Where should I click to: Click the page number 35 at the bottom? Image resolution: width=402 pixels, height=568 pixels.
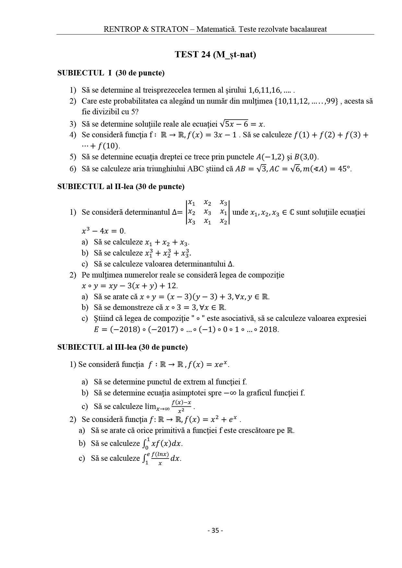[x=215, y=530]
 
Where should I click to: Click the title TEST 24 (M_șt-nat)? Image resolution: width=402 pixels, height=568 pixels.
[x=215, y=54]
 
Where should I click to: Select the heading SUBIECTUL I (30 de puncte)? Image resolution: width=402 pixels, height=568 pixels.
[x=111, y=73]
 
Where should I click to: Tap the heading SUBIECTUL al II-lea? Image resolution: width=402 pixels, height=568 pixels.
[x=121, y=187]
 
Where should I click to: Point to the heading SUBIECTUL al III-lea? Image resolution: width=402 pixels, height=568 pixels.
[x=122, y=347]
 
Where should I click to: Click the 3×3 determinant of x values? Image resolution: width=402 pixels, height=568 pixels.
[x=207, y=212]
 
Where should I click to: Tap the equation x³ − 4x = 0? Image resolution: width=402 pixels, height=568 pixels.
[x=103, y=231]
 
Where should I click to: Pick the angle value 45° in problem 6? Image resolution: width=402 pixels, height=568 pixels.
[x=345, y=169]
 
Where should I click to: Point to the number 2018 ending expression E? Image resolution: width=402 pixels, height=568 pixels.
[x=269, y=330]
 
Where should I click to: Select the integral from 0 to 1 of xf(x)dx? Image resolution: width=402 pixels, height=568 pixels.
[x=162, y=443]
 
